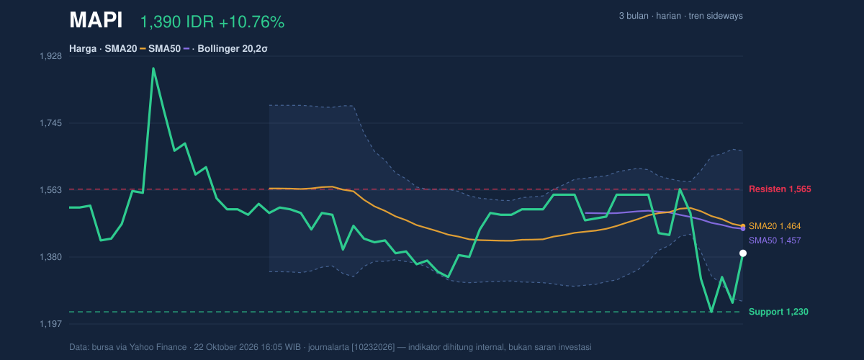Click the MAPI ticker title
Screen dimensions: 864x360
point(96,20)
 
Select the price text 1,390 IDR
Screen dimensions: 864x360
point(177,22)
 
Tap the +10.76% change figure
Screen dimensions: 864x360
point(251,22)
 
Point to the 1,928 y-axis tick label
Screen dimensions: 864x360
point(50,56)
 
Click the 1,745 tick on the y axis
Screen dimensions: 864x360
point(50,123)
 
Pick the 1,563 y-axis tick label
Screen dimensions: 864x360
point(50,190)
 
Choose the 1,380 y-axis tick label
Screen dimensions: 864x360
point(50,257)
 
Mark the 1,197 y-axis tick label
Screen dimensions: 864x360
point(50,324)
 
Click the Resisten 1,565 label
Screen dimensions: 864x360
point(780,189)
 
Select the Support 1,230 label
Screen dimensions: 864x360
point(778,312)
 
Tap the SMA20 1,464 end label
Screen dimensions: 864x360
point(775,226)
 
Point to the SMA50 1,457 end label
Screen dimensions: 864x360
point(775,240)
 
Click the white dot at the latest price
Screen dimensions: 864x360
point(743,253)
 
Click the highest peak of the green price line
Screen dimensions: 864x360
point(153,68)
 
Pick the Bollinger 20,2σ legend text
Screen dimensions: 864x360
point(232,49)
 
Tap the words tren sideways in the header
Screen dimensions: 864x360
point(716,16)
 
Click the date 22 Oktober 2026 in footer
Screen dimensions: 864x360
point(225,347)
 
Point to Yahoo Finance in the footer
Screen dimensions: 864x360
point(158,347)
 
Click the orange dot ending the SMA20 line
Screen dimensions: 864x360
point(743,226)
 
